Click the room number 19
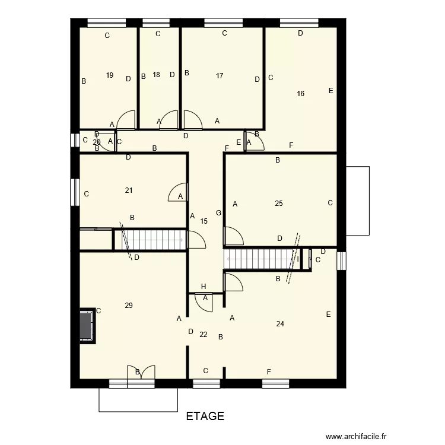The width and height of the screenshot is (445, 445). tap(110, 75)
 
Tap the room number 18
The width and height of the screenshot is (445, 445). tap(156, 75)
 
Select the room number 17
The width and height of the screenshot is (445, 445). tap(220, 75)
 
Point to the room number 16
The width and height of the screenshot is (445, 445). tap(300, 93)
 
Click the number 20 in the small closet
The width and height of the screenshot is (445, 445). tap(97, 142)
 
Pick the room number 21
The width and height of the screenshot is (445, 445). tap(129, 190)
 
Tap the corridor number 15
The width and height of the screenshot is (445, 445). tap(204, 221)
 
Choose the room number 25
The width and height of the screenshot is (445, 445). tap(279, 204)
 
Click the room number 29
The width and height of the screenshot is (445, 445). tap(129, 306)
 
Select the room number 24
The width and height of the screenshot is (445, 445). tap(280, 324)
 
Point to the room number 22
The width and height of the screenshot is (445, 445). tap(204, 335)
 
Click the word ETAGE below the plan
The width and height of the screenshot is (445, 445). tap(205, 416)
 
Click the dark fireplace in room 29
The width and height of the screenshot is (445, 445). tap(87, 325)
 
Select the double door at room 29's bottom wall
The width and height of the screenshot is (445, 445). tap(141, 374)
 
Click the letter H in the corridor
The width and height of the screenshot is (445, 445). tap(204, 286)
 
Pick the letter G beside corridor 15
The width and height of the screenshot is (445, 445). tap(218, 213)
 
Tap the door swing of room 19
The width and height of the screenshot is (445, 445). tap(126, 121)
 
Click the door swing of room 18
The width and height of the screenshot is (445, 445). tap(170, 120)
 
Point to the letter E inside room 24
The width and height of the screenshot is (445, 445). tap(328, 314)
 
